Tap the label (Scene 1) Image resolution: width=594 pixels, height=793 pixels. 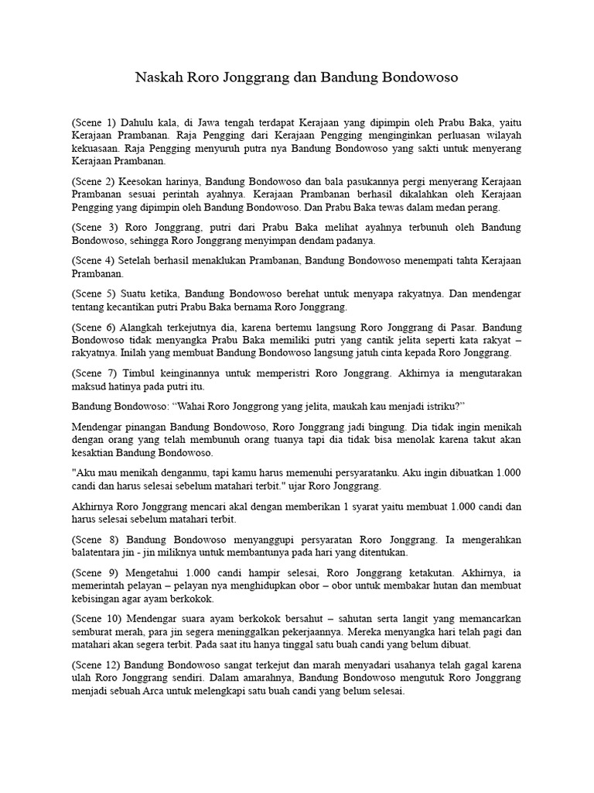click(x=94, y=122)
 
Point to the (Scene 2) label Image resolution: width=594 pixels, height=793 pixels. click(x=94, y=180)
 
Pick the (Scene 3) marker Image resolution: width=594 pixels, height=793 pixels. click(x=94, y=227)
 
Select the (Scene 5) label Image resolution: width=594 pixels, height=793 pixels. click(x=94, y=294)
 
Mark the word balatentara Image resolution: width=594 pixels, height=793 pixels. click(x=98, y=552)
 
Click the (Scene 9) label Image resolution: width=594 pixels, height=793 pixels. click(x=94, y=572)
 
